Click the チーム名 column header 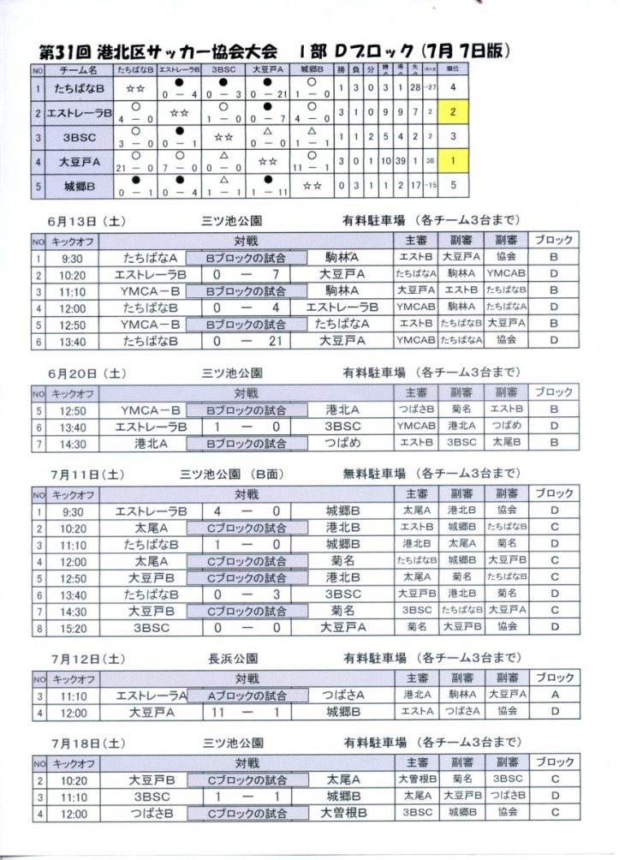[x=75, y=68]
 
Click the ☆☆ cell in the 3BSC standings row [x=223, y=137]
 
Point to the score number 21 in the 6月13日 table [x=271, y=340]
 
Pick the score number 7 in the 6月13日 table [x=271, y=274]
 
